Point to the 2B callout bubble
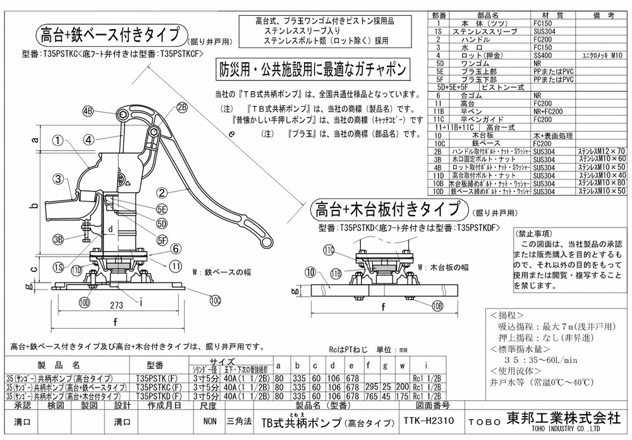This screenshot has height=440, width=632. [183, 107]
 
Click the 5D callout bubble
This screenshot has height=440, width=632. [162, 224]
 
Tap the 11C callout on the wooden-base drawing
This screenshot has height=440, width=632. [329, 250]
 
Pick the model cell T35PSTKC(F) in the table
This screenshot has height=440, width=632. [155, 387]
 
